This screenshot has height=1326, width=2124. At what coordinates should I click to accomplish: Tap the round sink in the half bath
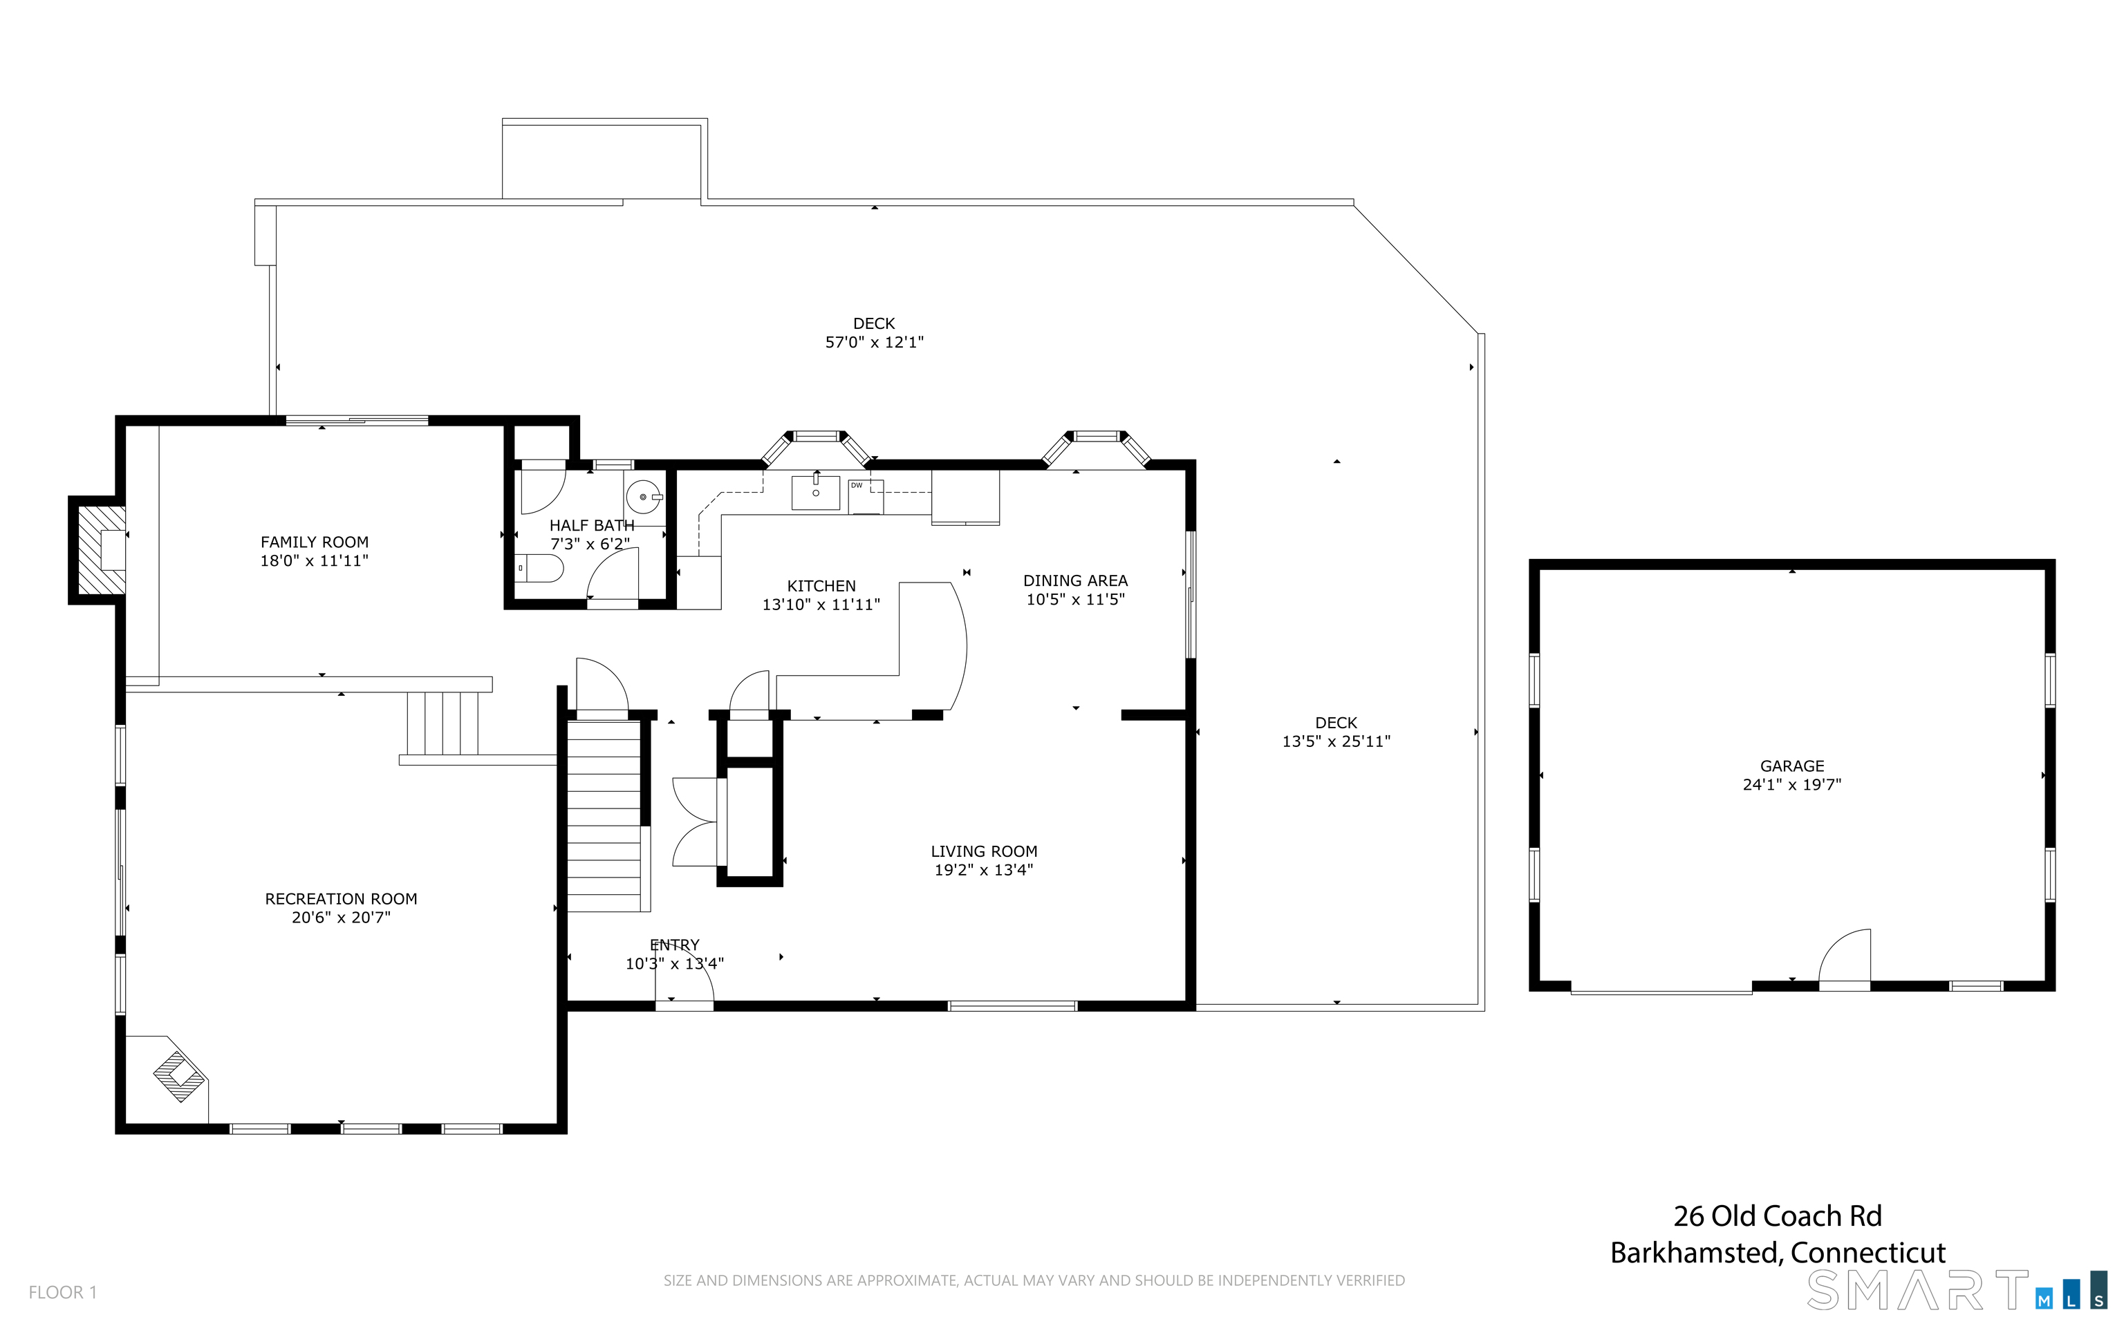pos(645,498)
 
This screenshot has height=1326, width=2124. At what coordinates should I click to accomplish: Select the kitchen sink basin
pos(816,492)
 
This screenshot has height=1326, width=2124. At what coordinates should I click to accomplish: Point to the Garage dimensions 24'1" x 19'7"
pos(1791,785)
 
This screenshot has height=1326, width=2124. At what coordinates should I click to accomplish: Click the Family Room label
pos(314,542)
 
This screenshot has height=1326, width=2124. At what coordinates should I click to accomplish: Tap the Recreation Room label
pos(342,899)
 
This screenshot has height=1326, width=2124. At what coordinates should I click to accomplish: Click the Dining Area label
pos(1076,580)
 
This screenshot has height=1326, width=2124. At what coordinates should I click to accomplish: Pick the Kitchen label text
pos(821,586)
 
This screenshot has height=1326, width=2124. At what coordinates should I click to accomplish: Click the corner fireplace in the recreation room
pos(180,1076)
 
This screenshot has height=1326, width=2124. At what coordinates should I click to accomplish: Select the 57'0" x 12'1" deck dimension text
pos(874,342)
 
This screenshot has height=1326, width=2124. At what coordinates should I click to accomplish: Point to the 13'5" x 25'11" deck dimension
pos(1336,742)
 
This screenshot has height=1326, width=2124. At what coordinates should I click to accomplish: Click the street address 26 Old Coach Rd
pos(1778,1215)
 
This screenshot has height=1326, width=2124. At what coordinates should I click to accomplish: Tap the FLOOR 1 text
pos(62,1292)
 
